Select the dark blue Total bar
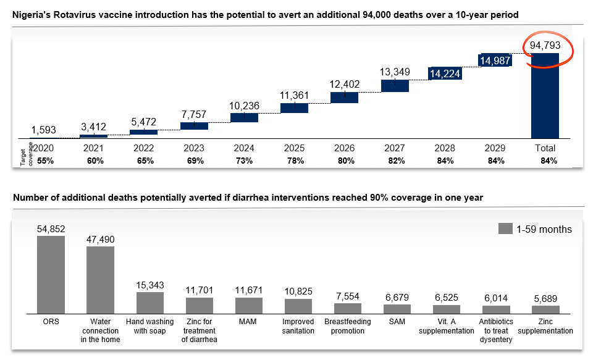point(545,96)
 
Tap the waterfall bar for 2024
point(244,117)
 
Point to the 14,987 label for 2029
point(494,60)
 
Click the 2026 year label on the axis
point(344,148)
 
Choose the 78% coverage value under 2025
point(294,161)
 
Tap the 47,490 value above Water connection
point(101,239)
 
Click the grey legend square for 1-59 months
point(505,229)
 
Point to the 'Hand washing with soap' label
point(150,326)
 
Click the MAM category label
point(249,322)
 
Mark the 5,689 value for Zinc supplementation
point(545,298)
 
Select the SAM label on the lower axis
point(397,322)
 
